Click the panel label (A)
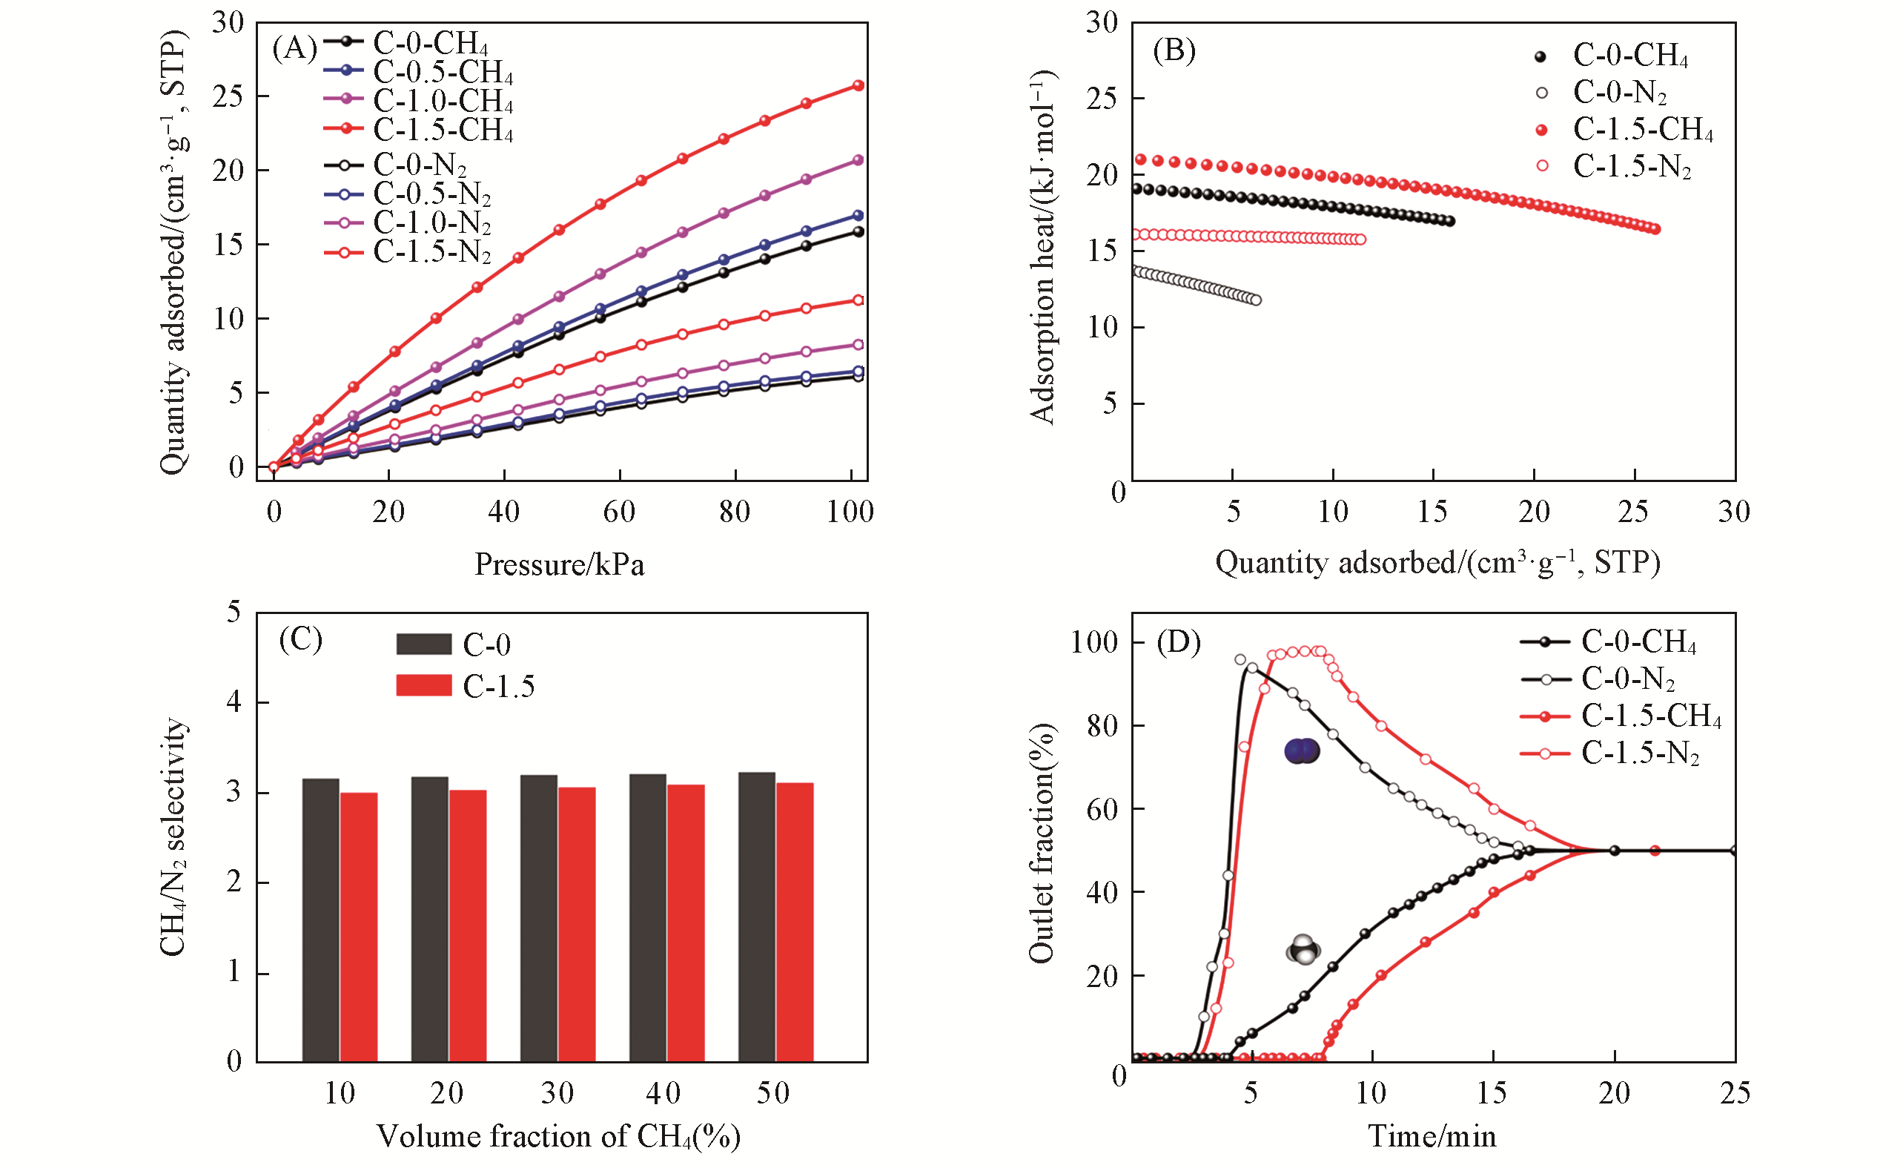294,50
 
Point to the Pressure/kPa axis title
559,564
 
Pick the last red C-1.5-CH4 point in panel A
857,86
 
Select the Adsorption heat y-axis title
1042,247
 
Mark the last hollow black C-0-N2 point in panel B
1256,300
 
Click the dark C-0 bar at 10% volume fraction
320,920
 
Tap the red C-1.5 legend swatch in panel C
423,685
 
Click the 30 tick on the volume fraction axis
557,1093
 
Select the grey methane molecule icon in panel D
1304,949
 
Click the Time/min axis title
1432,1136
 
